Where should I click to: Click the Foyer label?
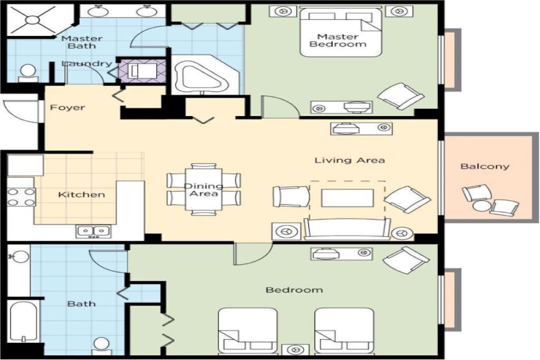tap(67, 107)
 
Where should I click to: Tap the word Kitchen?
tap(82, 194)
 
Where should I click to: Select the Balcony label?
tap(485, 166)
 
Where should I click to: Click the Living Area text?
tap(350, 160)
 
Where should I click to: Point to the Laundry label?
tap(87, 63)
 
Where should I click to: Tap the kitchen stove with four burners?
tap(21, 197)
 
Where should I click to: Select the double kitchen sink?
tap(94, 232)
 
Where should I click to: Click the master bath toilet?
tap(28, 73)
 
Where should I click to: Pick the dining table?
tap(203, 189)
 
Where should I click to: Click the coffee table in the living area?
tap(347, 198)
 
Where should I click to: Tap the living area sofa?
tap(347, 229)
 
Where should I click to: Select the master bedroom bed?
tap(341, 32)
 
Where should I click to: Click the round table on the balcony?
tap(481, 207)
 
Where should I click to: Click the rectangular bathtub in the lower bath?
tap(23, 321)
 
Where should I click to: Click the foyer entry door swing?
tap(21, 111)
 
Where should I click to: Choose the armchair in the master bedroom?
tap(400, 96)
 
